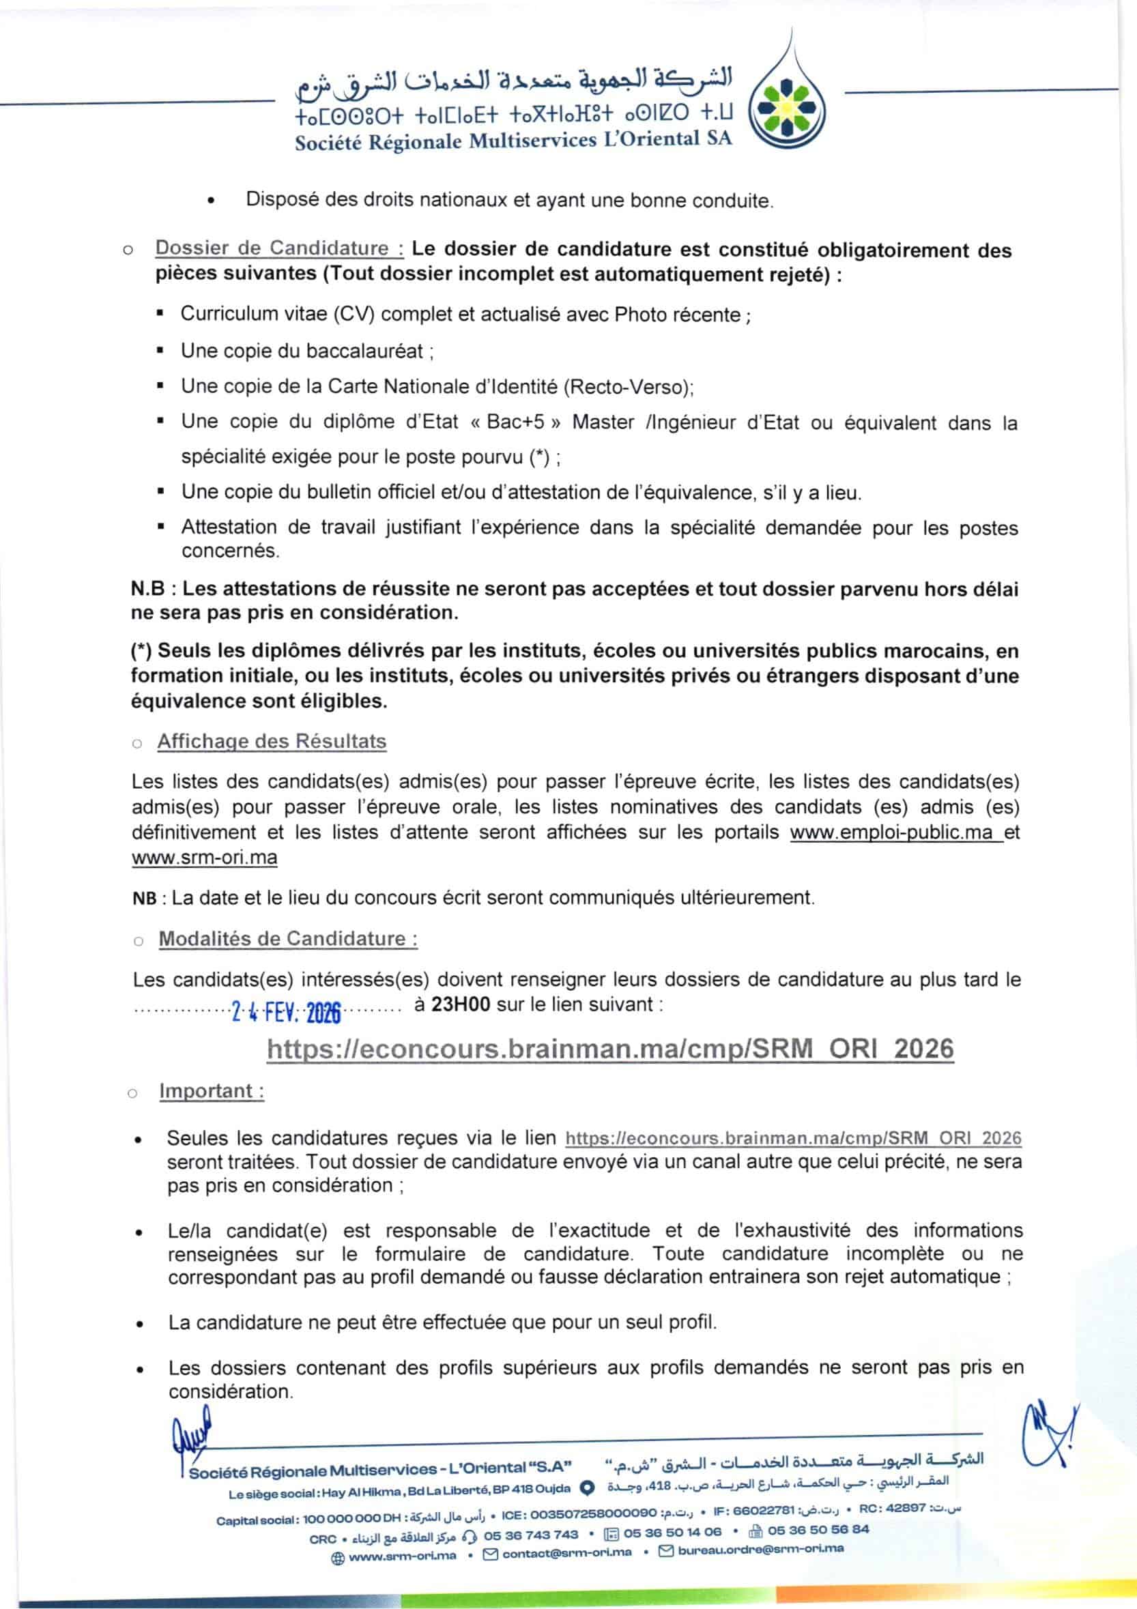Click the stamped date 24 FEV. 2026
(x=286, y=1013)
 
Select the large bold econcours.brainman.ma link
(x=610, y=1049)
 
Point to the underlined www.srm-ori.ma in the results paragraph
(x=204, y=858)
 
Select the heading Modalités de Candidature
(x=287, y=939)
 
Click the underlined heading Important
(x=211, y=1091)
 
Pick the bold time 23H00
(x=461, y=1004)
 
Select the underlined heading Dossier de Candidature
(x=279, y=248)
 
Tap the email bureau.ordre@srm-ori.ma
(x=760, y=1549)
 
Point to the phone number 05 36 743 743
(x=531, y=1535)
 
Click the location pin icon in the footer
(x=589, y=1488)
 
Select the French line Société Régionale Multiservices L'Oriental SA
(x=513, y=140)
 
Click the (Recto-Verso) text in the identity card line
(x=628, y=387)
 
